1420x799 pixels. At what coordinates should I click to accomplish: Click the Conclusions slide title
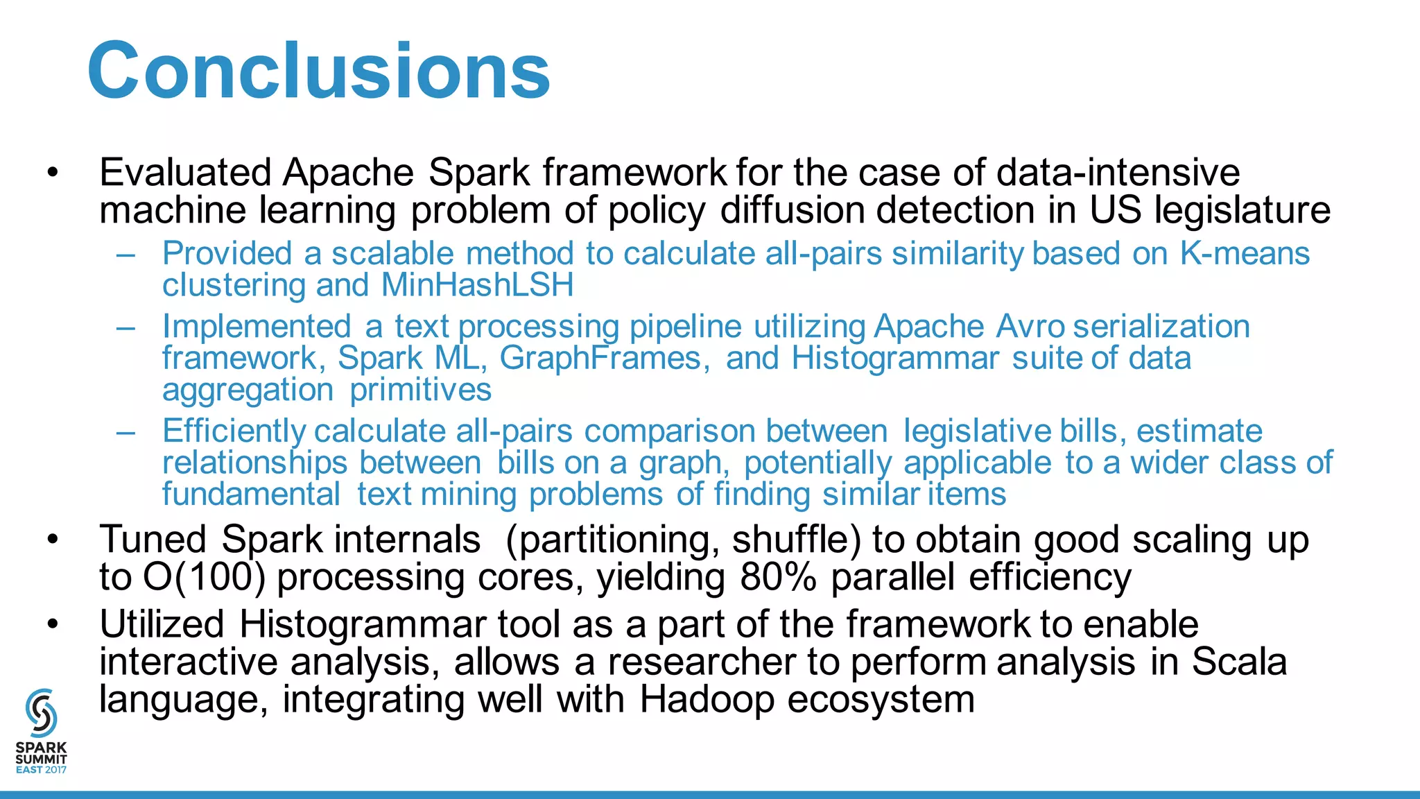pyautogui.click(x=319, y=71)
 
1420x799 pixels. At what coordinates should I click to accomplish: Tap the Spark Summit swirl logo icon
pyautogui.click(x=41, y=712)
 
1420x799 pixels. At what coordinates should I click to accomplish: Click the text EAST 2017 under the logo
pyautogui.click(x=41, y=770)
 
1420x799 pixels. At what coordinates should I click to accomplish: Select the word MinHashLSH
pyautogui.click(x=477, y=285)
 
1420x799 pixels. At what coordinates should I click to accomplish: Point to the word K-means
pyautogui.click(x=1245, y=254)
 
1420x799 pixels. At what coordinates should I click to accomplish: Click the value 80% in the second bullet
pyautogui.click(x=778, y=577)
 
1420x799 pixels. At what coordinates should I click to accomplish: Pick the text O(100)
pyautogui.click(x=204, y=577)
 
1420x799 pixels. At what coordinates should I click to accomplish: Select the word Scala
pyautogui.click(x=1239, y=662)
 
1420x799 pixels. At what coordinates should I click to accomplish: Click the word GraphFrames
pyautogui.click(x=604, y=359)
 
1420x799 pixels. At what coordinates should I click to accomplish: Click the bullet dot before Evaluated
pyautogui.click(x=53, y=173)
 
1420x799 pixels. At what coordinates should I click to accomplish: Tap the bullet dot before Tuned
pyautogui.click(x=53, y=540)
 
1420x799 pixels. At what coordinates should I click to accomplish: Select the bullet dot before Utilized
pyautogui.click(x=53, y=625)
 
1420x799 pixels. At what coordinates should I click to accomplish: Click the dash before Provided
pyautogui.click(x=126, y=255)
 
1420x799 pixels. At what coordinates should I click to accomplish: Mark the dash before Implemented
pyautogui.click(x=126, y=327)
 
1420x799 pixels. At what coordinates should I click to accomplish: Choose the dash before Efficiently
pyautogui.click(x=126, y=432)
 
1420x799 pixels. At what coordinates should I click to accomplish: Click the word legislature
pyautogui.click(x=1242, y=210)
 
